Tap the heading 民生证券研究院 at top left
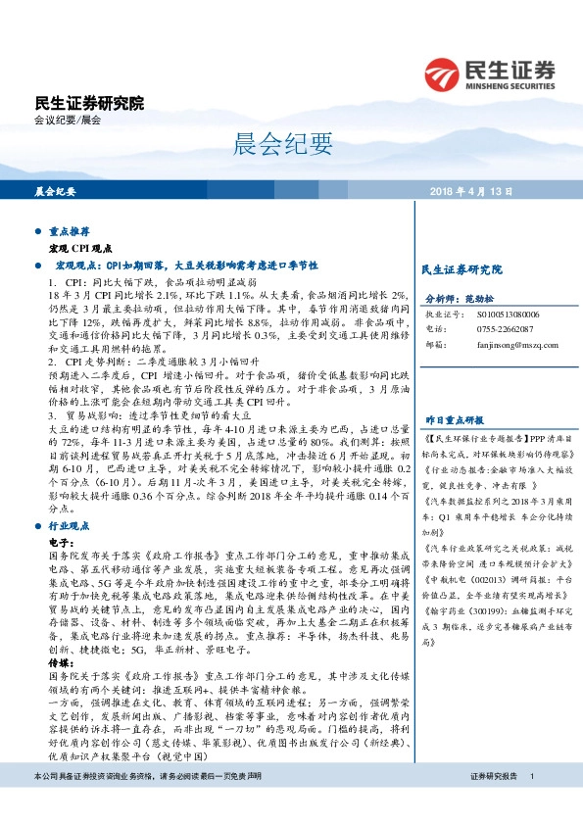tap(89, 103)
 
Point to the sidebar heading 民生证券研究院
tap(460, 267)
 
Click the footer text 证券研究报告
tap(493, 803)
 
